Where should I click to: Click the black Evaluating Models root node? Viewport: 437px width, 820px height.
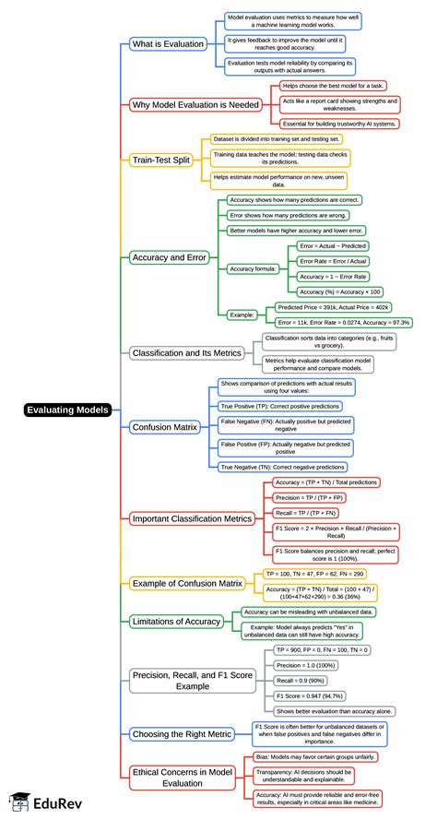click(67, 410)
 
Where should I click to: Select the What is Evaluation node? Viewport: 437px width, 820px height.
click(168, 44)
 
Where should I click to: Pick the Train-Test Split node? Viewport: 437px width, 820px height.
click(161, 159)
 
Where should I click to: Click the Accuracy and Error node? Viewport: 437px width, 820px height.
click(170, 257)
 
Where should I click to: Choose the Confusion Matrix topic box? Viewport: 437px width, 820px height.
click(165, 427)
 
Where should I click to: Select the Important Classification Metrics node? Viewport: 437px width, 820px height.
click(192, 518)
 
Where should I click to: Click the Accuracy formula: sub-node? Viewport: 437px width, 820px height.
click(254, 268)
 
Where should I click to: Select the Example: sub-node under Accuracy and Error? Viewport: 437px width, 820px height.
click(242, 315)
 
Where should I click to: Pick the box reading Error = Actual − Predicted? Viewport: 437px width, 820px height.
click(332, 246)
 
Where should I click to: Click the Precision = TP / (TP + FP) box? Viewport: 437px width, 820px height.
click(311, 497)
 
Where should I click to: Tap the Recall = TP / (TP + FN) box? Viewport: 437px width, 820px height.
click(305, 512)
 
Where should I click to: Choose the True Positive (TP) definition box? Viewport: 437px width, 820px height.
click(279, 405)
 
